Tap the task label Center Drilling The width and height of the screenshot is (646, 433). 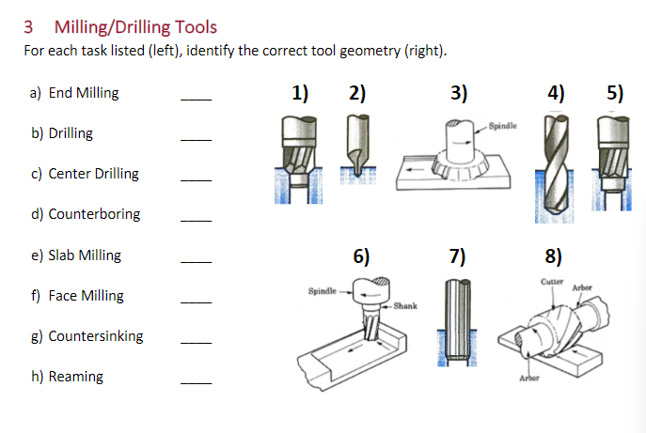tap(93, 174)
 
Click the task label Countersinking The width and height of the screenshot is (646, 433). tap(96, 336)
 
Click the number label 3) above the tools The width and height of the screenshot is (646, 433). tap(459, 93)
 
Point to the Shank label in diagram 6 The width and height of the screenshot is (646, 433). tap(405, 306)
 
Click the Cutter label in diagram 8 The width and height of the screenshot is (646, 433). tap(552, 282)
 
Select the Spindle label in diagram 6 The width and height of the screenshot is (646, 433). tap(323, 291)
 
